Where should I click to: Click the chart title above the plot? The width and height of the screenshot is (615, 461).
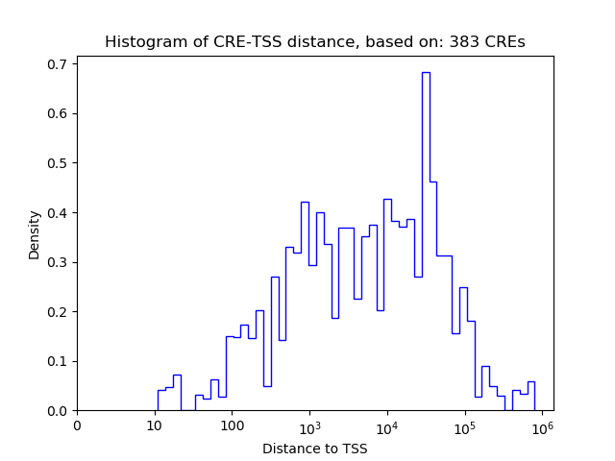314,42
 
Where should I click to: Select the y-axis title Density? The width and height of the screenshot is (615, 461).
35,234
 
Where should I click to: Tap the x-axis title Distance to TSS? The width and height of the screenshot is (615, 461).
314,448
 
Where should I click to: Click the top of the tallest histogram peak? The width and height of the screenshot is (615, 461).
425,72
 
